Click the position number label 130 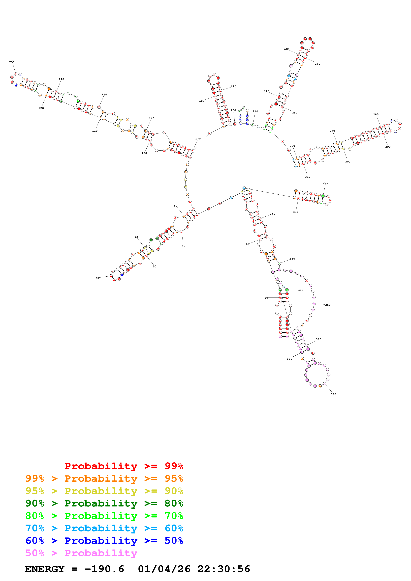pyautogui.click(x=12, y=61)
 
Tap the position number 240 pyautogui.click(x=317, y=64)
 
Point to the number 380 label pyautogui.click(x=333, y=394)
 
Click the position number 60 pyautogui.click(x=97, y=278)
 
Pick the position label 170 pyautogui.click(x=198, y=139)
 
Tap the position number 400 pyautogui.click(x=301, y=290)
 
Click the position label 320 pyautogui.click(x=325, y=183)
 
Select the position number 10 pyautogui.click(x=266, y=298)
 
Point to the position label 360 pyautogui.click(x=328, y=305)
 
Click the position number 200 pyautogui.click(x=233, y=110)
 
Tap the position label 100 pyautogui.click(x=144, y=153)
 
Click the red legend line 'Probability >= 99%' pyautogui.click(x=124, y=466)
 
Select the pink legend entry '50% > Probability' pyautogui.click(x=81, y=553)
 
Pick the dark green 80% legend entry pyautogui.click(x=104, y=503)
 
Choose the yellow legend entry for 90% pyautogui.click(x=104, y=491)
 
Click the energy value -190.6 pyautogui.click(x=104, y=569)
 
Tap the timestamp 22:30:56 pyautogui.click(x=224, y=569)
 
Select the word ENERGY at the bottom pyautogui.click(x=45, y=569)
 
